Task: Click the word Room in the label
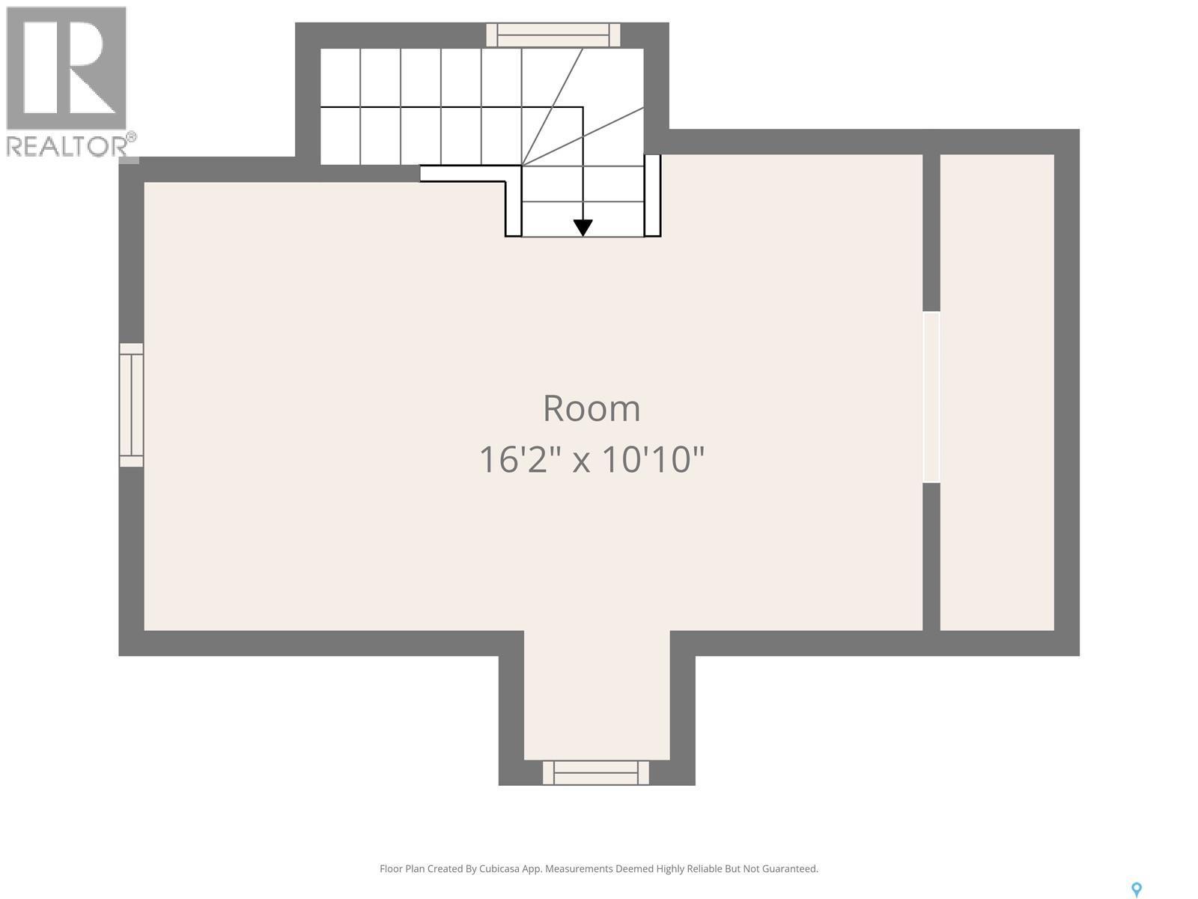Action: tap(592, 409)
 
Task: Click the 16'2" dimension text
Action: tap(520, 460)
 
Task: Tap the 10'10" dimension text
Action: tap(653, 460)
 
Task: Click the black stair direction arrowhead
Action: tap(583, 227)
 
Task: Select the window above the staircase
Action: tap(553, 35)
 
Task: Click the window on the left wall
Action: tap(132, 405)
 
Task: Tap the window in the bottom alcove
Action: tap(596, 772)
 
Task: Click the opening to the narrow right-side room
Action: tap(931, 397)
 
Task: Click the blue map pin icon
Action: tap(1136, 889)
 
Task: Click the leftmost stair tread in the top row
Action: tap(341, 78)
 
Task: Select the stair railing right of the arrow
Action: tap(652, 196)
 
